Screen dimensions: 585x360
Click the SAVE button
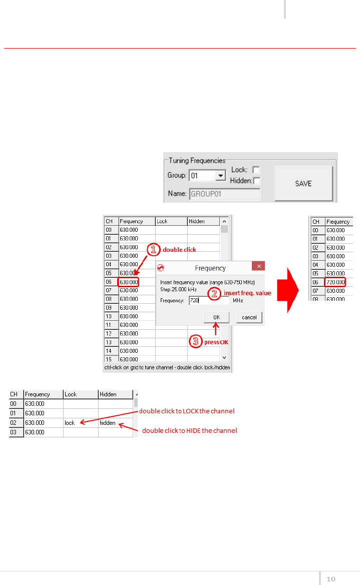coord(303,184)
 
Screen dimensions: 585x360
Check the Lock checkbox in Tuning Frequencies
coord(256,170)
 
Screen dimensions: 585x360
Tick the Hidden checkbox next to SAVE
coord(256,181)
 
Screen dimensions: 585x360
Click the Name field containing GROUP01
coord(224,194)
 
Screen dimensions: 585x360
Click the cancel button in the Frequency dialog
coord(249,317)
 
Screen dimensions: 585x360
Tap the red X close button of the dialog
coord(258,266)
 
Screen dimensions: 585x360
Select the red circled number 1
coord(153,249)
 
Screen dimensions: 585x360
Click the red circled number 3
coord(195,341)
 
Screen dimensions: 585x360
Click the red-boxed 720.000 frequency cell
coord(335,282)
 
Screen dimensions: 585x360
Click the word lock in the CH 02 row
coord(70,423)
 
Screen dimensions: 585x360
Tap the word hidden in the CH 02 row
coord(107,423)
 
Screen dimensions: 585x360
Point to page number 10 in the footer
coord(331,579)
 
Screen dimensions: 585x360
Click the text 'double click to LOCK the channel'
coord(187,411)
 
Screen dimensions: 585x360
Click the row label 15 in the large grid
coord(109,359)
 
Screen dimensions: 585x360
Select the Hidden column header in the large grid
coord(197,221)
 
